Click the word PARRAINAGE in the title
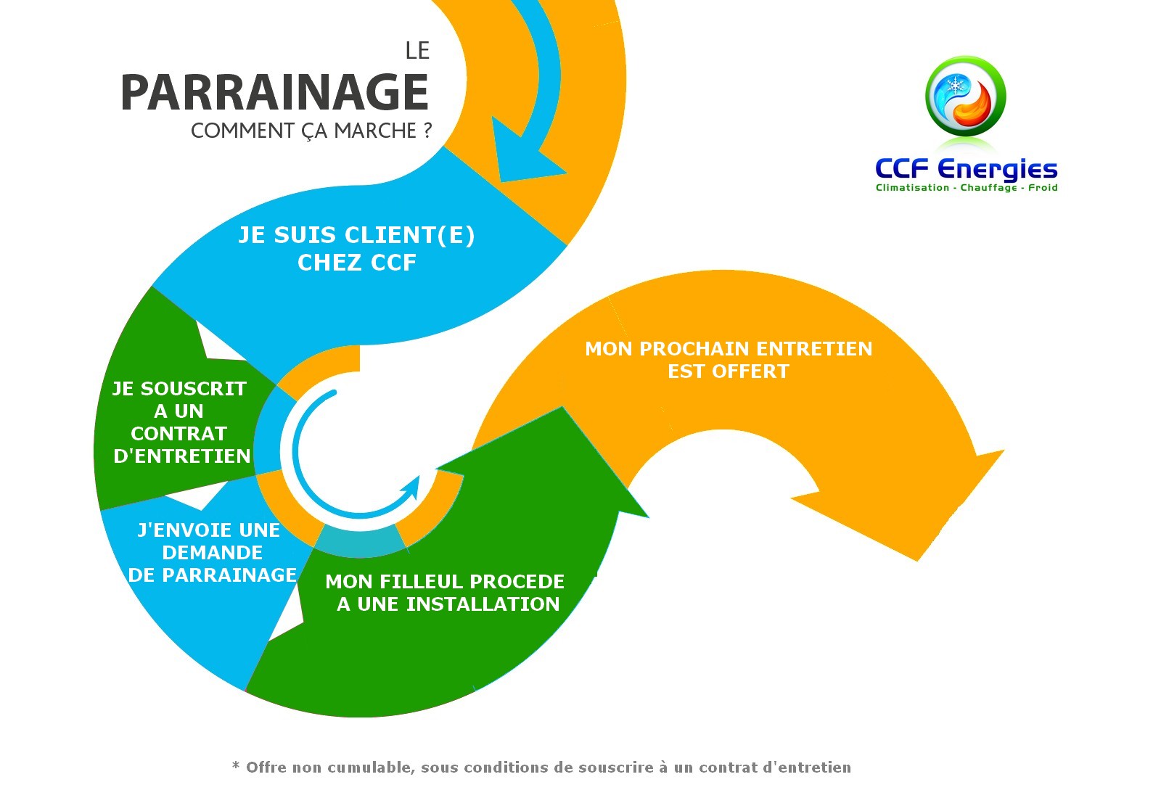click(x=275, y=93)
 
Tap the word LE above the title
click(x=417, y=51)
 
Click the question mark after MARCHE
click(x=427, y=130)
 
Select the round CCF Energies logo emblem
click(x=965, y=96)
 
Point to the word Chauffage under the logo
click(x=988, y=188)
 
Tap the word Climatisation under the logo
click(x=912, y=188)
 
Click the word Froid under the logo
click(x=1043, y=188)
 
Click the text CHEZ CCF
click(x=356, y=263)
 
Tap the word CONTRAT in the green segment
click(x=179, y=433)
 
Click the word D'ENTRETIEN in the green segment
click(x=182, y=456)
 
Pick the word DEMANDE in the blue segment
click(x=212, y=552)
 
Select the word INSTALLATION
click(x=483, y=604)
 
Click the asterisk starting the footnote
click(x=236, y=765)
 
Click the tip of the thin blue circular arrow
click(x=419, y=477)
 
